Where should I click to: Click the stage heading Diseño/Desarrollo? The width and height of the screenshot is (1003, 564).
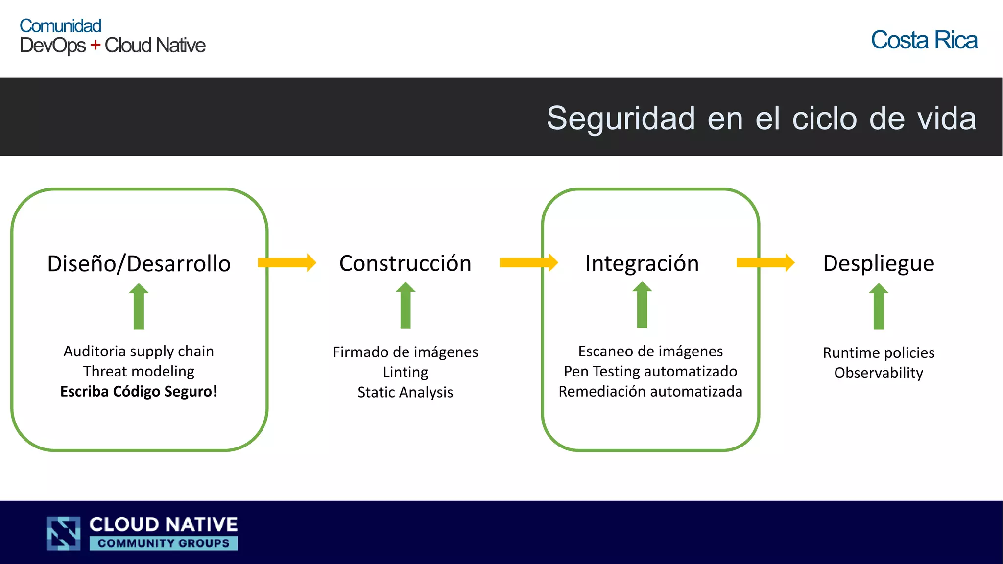[139, 263]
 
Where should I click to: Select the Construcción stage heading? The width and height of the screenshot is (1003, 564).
[405, 263]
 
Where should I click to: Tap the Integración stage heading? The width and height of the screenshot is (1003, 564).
[642, 263]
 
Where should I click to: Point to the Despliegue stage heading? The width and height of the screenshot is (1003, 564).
[879, 263]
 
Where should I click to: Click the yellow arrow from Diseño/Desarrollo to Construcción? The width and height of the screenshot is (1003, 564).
[287, 262]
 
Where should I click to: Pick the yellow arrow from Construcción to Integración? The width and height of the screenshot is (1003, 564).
[528, 262]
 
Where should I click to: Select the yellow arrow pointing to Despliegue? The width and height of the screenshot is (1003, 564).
[765, 262]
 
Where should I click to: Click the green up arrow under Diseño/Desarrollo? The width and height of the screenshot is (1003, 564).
[139, 306]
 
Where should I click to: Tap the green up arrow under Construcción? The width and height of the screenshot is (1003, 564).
[405, 305]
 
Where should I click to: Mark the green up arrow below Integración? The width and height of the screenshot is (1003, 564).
[642, 305]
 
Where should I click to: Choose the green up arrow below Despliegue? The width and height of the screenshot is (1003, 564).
[879, 306]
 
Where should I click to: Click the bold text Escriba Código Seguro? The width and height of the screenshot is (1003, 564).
[139, 392]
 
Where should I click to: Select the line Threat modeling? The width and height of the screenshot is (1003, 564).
[139, 372]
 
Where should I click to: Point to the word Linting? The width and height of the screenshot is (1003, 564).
[405, 372]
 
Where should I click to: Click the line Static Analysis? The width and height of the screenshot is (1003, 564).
[405, 392]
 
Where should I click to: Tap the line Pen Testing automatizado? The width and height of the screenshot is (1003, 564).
[650, 372]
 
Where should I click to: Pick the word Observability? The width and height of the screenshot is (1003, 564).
[879, 373]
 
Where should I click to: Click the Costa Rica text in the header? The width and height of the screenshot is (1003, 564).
[924, 40]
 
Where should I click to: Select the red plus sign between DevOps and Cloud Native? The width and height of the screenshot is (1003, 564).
[95, 45]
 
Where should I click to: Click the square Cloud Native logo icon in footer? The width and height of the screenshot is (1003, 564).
[64, 533]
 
